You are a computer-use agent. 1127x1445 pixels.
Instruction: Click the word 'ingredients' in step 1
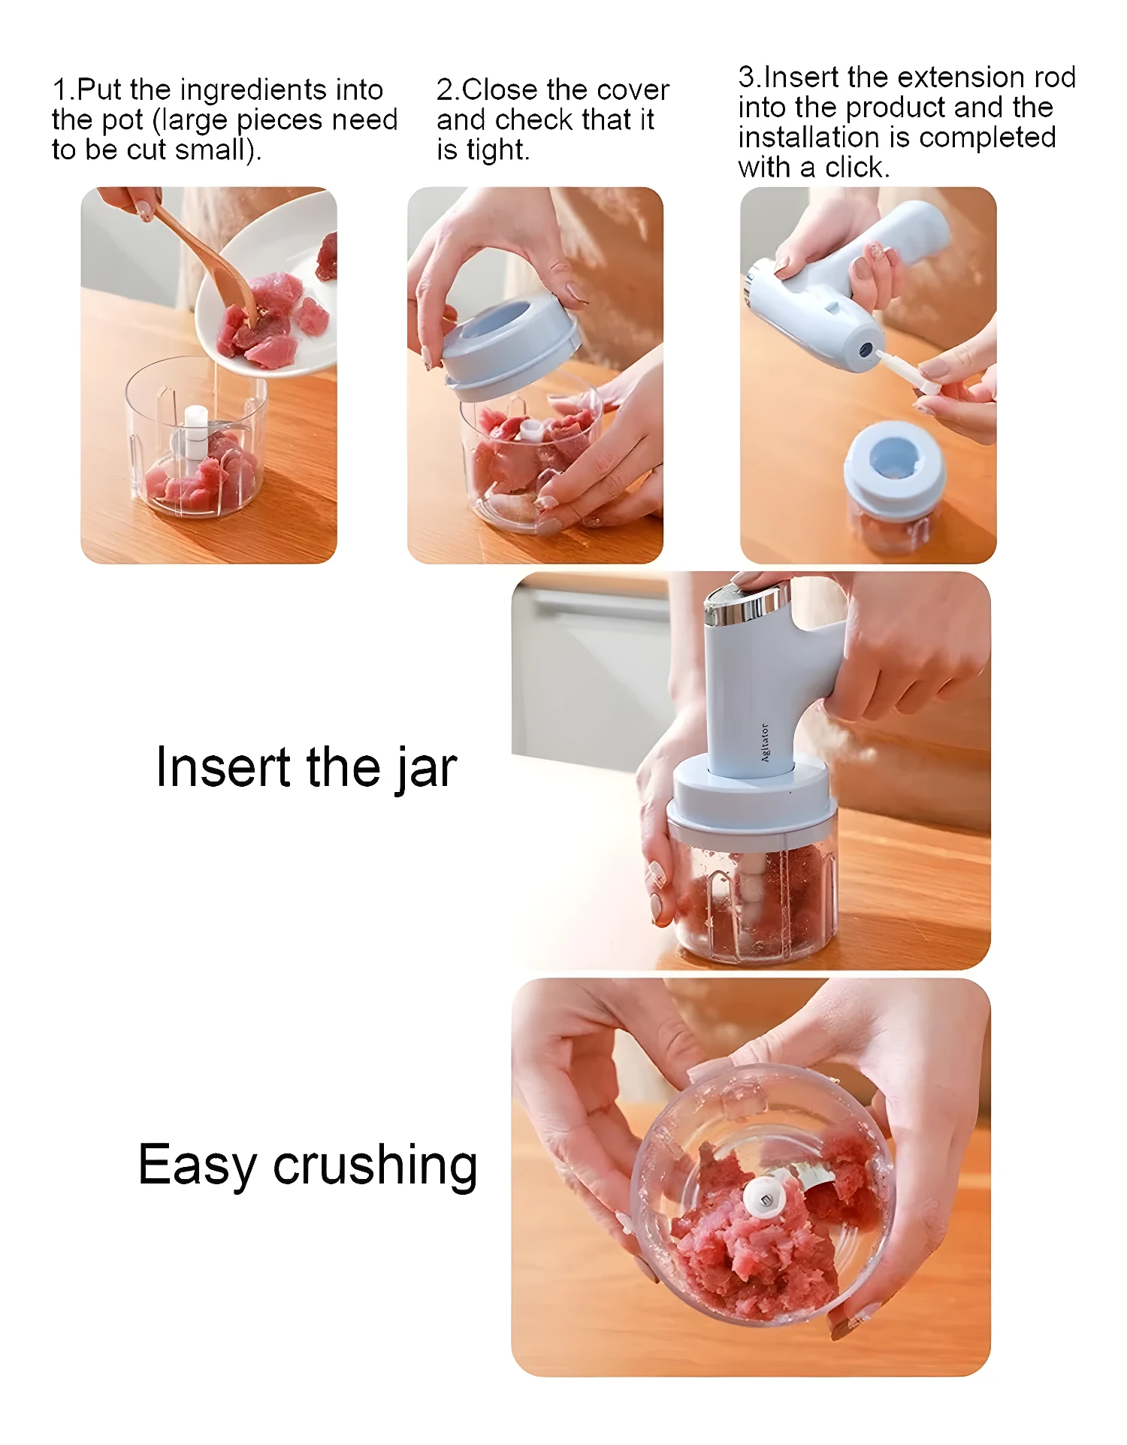point(253,90)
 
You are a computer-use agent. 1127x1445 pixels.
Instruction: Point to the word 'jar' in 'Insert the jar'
point(426,768)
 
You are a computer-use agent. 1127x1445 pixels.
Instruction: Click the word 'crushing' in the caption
point(375,1165)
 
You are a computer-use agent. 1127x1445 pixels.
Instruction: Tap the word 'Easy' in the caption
point(197,1166)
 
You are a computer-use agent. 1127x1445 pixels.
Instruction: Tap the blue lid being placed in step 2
point(511,346)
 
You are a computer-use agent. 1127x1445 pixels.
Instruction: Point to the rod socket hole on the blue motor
point(866,349)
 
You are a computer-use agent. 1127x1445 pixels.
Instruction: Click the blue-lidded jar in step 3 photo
point(894,488)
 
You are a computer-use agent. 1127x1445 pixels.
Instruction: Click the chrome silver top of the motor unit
point(744,605)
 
